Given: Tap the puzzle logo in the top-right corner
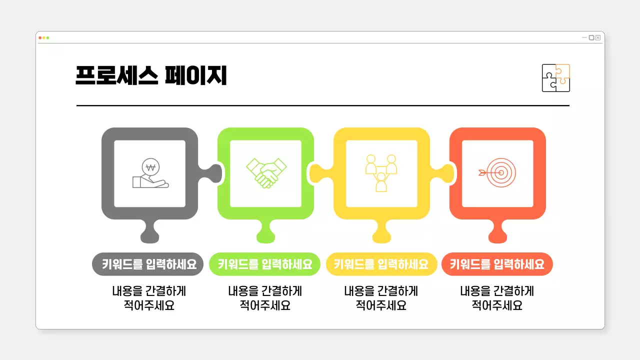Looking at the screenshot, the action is pyautogui.click(x=555, y=78).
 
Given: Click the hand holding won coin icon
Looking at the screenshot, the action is pyautogui.click(x=150, y=173).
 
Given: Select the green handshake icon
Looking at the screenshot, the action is pyautogui.click(x=266, y=173).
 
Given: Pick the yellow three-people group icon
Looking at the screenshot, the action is pyautogui.click(x=381, y=173).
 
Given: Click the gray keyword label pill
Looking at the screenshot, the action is pyautogui.click(x=148, y=264).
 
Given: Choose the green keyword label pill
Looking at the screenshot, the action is pyautogui.click(x=264, y=264).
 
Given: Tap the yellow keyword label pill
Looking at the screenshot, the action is pyautogui.click(x=381, y=264).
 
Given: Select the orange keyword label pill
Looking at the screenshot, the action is pyautogui.click(x=497, y=264).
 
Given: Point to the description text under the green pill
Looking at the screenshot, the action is pyautogui.click(x=264, y=298).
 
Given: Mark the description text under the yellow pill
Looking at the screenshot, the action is pyautogui.click(x=381, y=298).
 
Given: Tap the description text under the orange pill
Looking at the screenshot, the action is pyautogui.click(x=497, y=298).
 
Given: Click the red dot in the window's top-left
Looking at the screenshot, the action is pyautogui.click(x=40, y=38).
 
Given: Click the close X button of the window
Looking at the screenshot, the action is pyautogui.click(x=598, y=37).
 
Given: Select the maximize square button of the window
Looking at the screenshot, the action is pyautogui.click(x=591, y=37).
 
